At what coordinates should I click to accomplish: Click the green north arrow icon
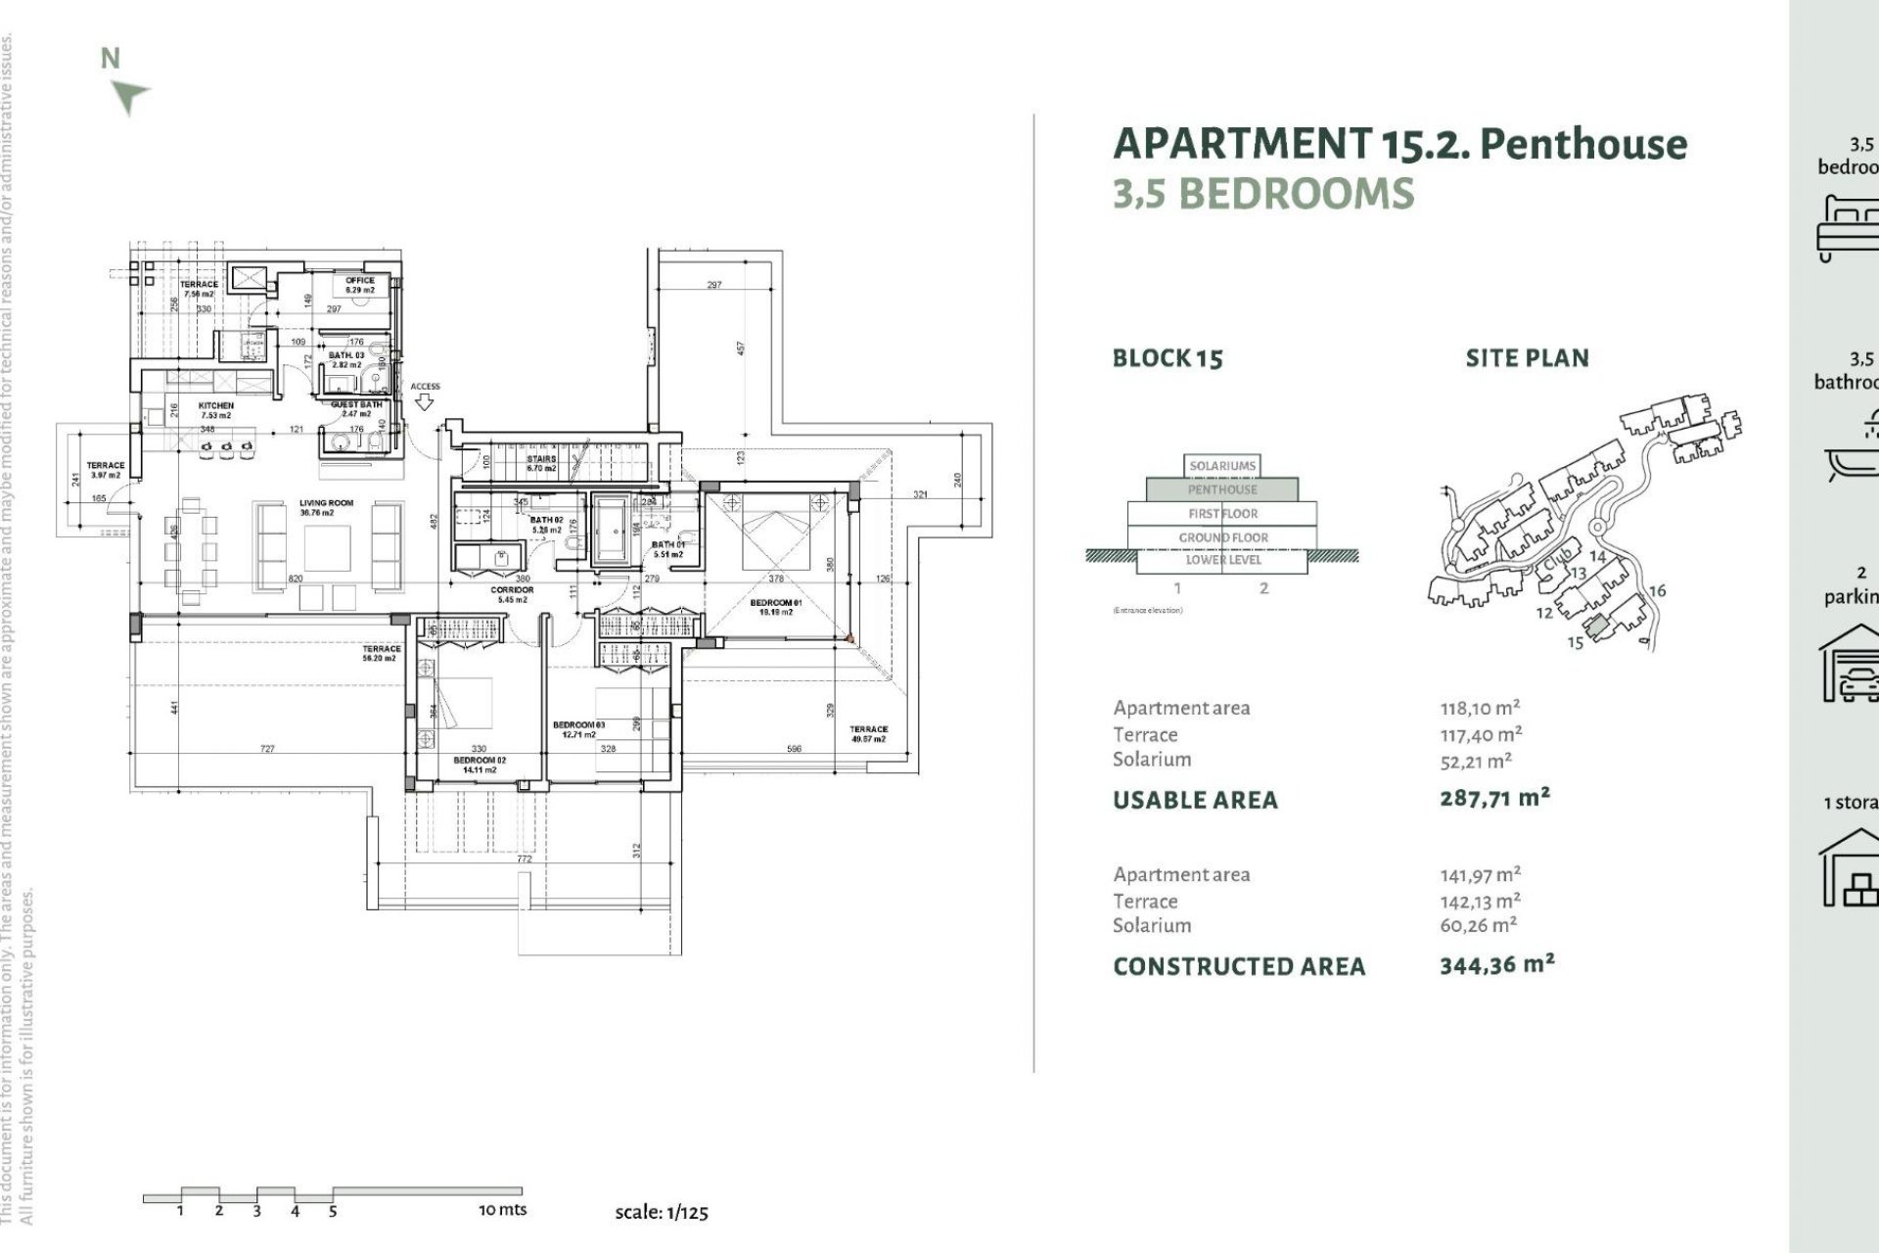(129, 96)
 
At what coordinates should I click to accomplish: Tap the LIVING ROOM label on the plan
(326, 503)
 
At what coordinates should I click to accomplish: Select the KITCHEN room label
(216, 405)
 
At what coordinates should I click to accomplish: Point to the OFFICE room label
(360, 281)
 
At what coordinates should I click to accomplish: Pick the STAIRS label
(541, 459)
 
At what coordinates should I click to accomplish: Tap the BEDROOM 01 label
(776, 603)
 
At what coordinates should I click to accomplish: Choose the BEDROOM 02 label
(480, 760)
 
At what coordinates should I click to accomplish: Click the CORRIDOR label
(512, 590)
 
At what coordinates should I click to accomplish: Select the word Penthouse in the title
(1583, 144)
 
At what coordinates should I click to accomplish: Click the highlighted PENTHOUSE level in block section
(1222, 489)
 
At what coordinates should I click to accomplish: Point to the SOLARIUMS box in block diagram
(1222, 466)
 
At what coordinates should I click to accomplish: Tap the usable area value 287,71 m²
(1494, 798)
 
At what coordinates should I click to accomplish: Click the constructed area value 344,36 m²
(1496, 965)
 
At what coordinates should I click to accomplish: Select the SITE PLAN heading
(1527, 358)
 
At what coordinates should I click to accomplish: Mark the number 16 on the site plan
(1657, 590)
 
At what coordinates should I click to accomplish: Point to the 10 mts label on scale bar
(502, 1210)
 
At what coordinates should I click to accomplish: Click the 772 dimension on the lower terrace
(525, 859)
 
